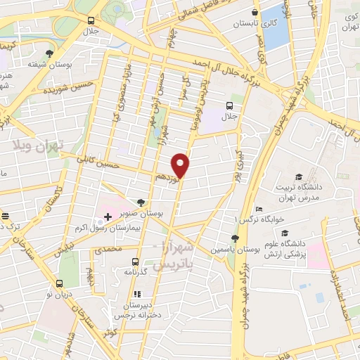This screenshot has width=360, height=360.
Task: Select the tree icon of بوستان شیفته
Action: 49,53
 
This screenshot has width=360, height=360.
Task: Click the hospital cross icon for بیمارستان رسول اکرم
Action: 108,217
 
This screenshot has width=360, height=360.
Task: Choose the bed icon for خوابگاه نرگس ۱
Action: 259,208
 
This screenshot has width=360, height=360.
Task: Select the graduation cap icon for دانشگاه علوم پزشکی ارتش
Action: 285,232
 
